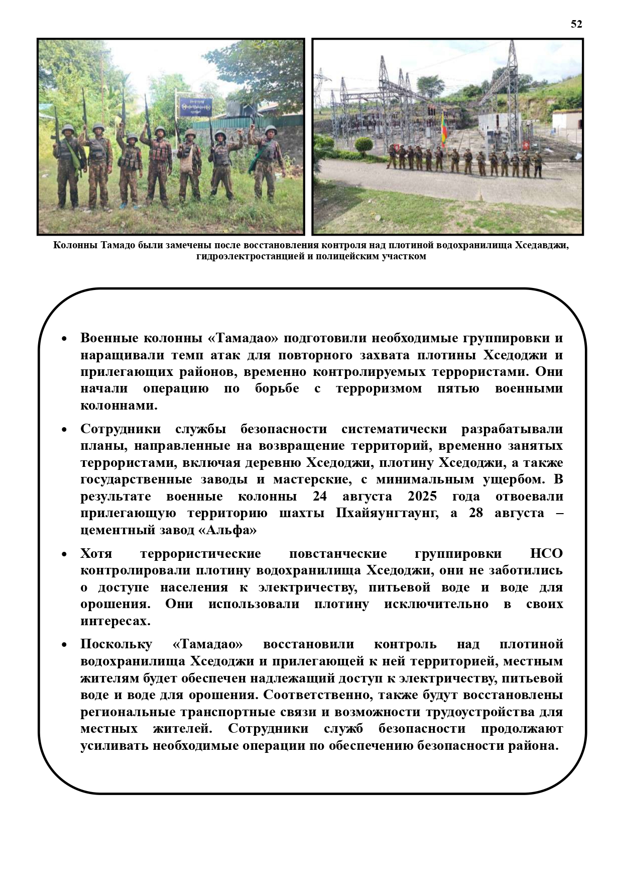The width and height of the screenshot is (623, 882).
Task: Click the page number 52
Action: [576, 24]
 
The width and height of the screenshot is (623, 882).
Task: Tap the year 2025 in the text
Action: [422, 497]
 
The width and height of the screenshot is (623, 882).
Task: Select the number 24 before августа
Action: [320, 497]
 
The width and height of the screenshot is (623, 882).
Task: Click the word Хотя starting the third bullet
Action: [96, 554]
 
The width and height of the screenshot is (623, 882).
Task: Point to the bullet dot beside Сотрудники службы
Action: [64, 430]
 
